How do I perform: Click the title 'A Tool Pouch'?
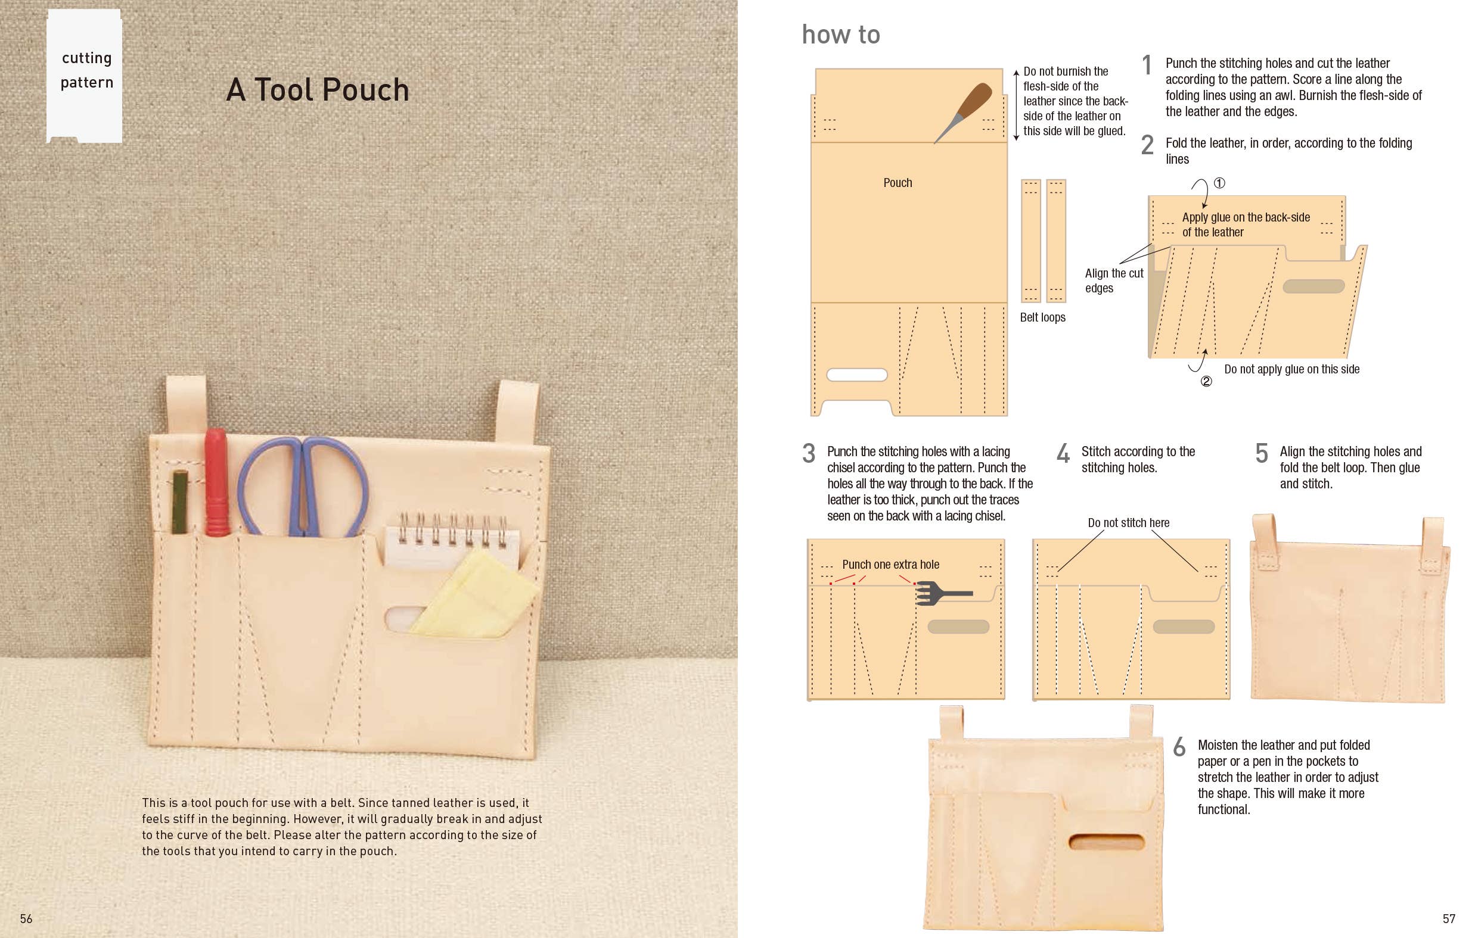[317, 90]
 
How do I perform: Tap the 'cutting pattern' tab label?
[86, 70]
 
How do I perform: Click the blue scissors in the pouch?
[303, 487]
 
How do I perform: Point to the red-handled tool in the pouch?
[216, 484]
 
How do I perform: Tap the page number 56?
[26, 918]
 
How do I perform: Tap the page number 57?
[1449, 918]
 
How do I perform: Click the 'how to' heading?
[840, 35]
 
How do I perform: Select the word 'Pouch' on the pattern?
[898, 182]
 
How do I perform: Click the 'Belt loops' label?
[1042, 317]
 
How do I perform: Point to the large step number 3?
[809, 454]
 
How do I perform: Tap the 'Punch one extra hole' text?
[890, 565]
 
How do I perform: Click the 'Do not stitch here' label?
[1128, 523]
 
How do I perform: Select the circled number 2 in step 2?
[1206, 381]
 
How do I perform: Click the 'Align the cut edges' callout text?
[1113, 281]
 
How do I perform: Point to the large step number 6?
[1179, 747]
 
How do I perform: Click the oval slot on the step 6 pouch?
[1106, 842]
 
